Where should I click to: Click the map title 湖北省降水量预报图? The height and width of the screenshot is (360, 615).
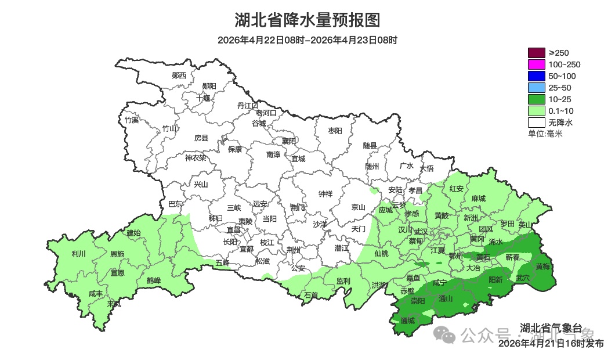click(307, 20)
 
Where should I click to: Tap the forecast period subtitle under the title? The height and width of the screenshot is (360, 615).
click(307, 40)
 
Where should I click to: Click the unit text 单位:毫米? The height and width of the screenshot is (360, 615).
click(545, 134)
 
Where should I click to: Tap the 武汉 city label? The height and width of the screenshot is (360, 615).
click(421, 232)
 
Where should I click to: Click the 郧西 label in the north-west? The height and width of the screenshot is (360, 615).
click(179, 75)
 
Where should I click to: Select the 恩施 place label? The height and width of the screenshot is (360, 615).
click(117, 254)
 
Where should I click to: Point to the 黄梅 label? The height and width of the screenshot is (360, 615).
click(542, 267)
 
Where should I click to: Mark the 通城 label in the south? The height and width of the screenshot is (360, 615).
click(408, 321)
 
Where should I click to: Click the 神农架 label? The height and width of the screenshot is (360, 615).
click(196, 157)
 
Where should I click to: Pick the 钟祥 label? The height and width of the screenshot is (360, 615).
click(325, 194)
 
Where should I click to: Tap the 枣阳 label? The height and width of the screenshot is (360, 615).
click(335, 131)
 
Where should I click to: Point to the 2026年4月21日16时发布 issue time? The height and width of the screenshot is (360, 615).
click(551, 344)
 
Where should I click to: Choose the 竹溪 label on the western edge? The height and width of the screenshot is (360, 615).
click(132, 120)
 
